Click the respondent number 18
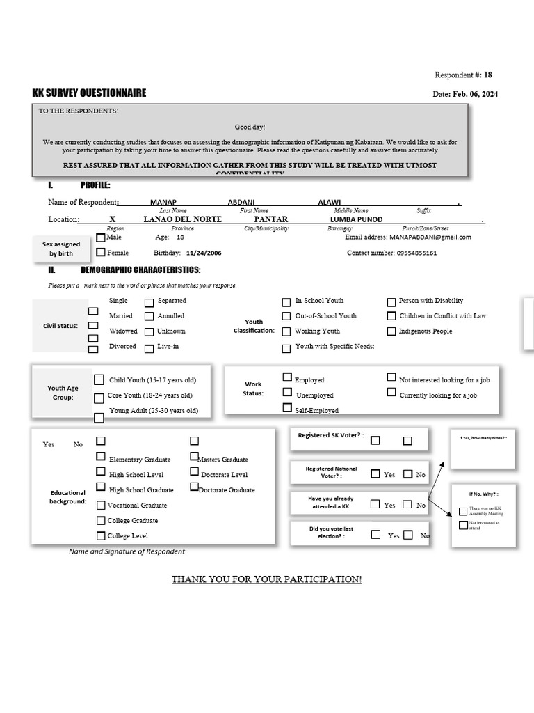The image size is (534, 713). pos(487,75)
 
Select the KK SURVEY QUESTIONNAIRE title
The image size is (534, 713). pos(89,93)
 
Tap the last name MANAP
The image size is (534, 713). pos(163,202)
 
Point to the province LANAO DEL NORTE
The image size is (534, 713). pos(182,219)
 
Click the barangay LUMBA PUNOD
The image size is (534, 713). pos(356,219)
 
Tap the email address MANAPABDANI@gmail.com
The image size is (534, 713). pos(430,237)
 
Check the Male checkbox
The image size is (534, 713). pos(101,237)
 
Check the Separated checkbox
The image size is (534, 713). pos(149,302)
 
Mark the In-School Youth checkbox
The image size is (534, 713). pos(286,302)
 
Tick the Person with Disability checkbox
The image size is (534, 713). pos(391,302)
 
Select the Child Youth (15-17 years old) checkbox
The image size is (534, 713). pos(99,379)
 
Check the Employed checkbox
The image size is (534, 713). pos(286,377)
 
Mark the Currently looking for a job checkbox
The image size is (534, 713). pos(391,393)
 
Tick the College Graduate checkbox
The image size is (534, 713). pos(102,521)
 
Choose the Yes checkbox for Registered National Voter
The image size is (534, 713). pos(375,473)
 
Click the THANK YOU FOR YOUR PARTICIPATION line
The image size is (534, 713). pos(267,579)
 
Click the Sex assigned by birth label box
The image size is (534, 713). pos(61,249)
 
